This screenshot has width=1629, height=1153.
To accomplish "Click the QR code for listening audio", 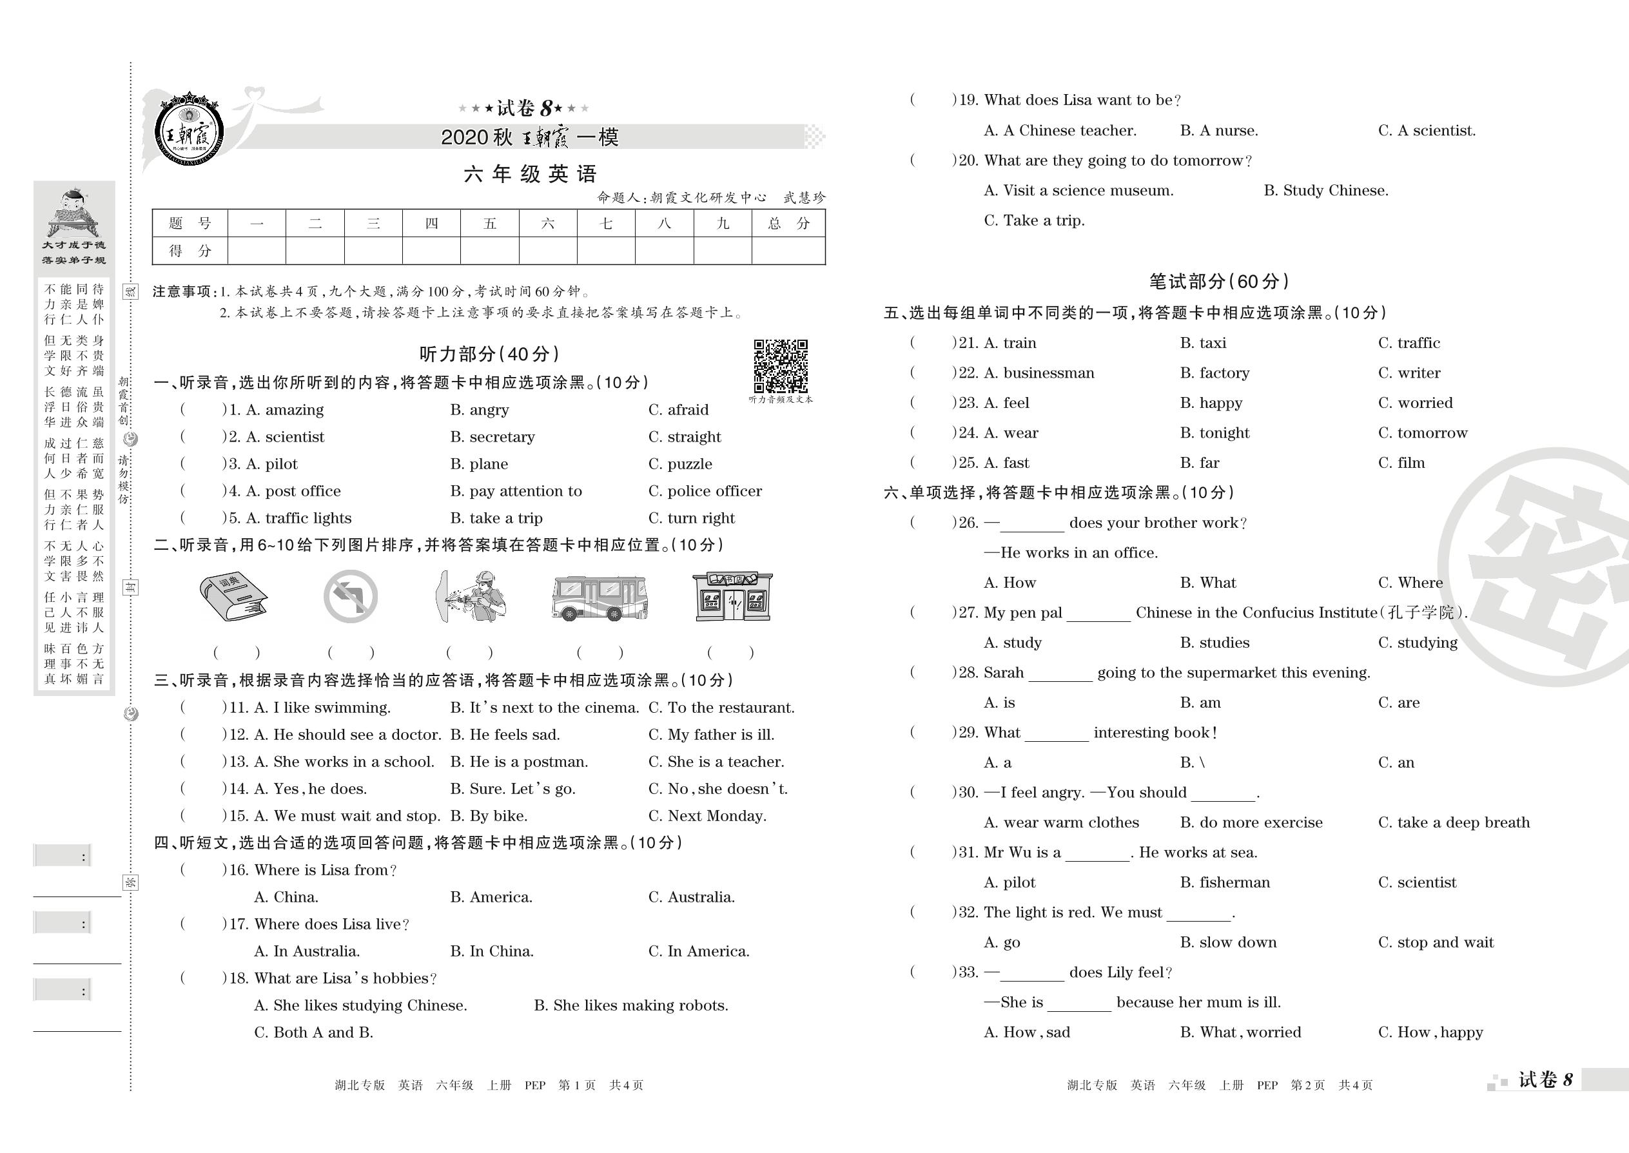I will tap(781, 365).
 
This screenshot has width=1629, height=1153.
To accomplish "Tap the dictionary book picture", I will tap(233, 595).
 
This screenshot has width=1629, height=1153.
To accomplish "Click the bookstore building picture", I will tap(732, 596).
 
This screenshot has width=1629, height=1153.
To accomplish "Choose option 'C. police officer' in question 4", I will tap(705, 491).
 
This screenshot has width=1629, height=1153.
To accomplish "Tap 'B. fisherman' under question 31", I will tap(1225, 882).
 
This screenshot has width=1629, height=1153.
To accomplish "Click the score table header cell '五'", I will tap(489, 224).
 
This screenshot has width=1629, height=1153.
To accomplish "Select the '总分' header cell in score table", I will tap(788, 224).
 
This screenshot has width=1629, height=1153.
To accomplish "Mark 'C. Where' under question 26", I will tap(1410, 583).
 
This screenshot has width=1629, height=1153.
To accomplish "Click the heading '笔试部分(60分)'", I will tap(1218, 282).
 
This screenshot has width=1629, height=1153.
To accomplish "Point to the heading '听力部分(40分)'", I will tap(489, 354).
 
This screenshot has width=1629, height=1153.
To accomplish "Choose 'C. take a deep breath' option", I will tap(1454, 823).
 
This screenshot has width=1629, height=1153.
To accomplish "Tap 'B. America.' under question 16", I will tap(491, 897).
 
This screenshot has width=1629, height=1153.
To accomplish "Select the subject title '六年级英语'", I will tap(530, 174).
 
